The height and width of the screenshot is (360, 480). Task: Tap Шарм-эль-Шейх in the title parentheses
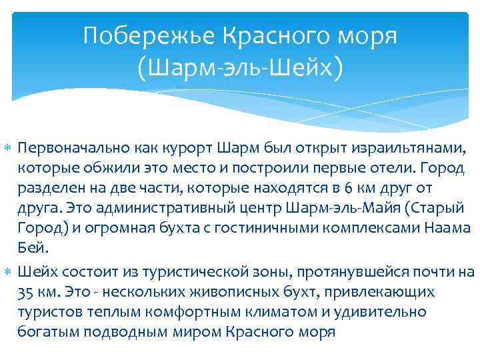pos(241,67)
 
